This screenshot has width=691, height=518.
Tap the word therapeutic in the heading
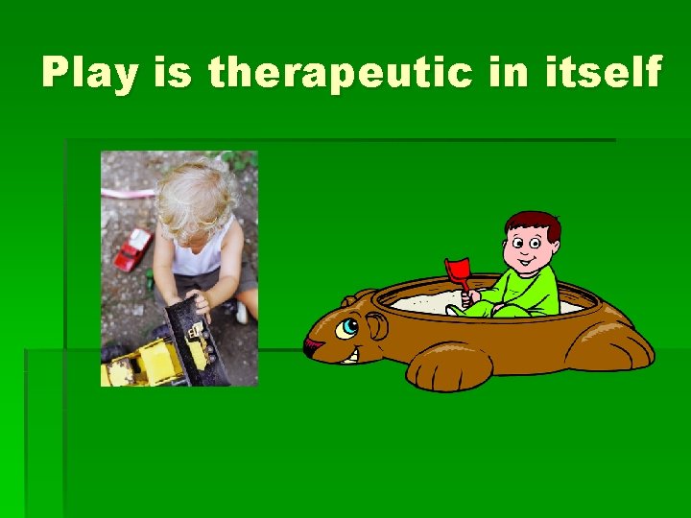pyautogui.click(x=340, y=74)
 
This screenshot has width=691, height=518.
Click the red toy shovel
pyautogui.click(x=458, y=270)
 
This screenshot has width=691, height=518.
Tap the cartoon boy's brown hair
pyautogui.click(x=533, y=224)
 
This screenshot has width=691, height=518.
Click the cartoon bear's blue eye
pyautogui.click(x=347, y=326)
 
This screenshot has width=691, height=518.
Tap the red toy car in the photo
pyautogui.click(x=132, y=248)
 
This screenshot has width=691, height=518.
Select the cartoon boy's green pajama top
pyautogui.click(x=538, y=288)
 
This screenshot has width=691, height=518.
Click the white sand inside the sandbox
pyautogui.click(x=422, y=303)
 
